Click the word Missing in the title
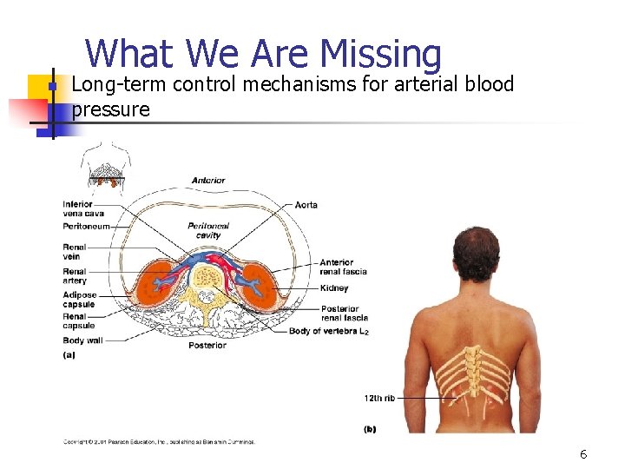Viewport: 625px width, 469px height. (381, 54)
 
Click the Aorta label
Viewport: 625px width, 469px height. (306, 205)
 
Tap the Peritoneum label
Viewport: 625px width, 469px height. (86, 226)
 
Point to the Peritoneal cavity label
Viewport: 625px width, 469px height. (208, 229)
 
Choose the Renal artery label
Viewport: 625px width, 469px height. (75, 276)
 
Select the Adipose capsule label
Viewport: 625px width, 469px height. (79, 300)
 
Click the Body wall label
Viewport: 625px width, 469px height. (82, 340)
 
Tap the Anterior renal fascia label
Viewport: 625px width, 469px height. (343, 267)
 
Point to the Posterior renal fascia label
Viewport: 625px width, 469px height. (344, 313)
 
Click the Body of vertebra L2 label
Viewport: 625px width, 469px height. (329, 332)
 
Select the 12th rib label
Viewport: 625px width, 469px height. (378, 398)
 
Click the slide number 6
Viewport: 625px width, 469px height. (583, 454)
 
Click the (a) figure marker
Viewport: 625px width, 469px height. (69, 354)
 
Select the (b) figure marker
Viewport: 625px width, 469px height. (370, 429)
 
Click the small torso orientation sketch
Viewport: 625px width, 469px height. (105, 164)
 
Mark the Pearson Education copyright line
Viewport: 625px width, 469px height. (159, 442)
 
